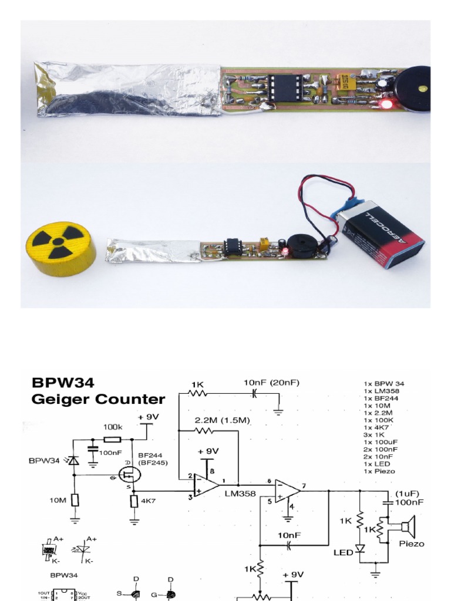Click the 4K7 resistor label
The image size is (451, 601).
pos(147,501)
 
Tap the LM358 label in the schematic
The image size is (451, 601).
pos(240,494)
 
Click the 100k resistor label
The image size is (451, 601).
pos(113,427)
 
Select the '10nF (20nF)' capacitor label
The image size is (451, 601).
pos(271,383)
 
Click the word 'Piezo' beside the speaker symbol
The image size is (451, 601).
pos(411,543)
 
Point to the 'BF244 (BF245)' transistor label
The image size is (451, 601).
pos(153,458)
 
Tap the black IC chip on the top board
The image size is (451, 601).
pos(285,87)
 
